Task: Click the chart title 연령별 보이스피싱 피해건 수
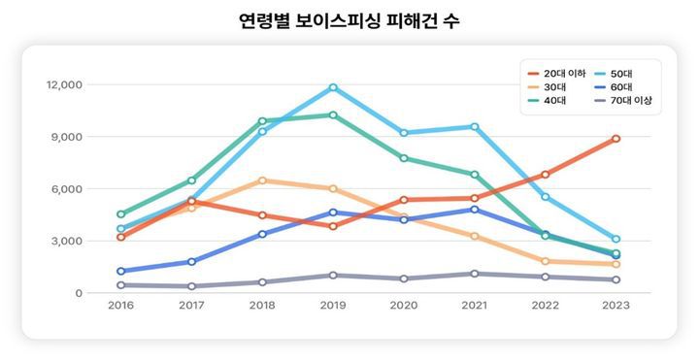[349, 20]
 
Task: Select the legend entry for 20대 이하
[565, 74]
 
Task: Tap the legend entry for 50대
[622, 74]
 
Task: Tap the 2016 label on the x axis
[120, 305]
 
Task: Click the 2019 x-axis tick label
[333, 305]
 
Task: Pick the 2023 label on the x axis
[616, 305]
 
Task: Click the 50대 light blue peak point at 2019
[333, 87]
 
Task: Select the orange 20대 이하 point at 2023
[616, 139]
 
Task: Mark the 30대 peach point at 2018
[262, 180]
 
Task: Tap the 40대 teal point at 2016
[120, 214]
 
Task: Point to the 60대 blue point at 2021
[475, 210]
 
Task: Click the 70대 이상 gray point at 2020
[404, 278]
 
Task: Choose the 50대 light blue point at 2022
[546, 197]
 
